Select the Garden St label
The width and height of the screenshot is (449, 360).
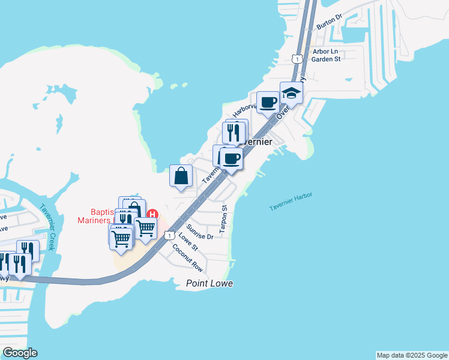pyautogui.click(x=327, y=59)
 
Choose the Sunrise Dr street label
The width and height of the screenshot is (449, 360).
pyautogui.click(x=199, y=232)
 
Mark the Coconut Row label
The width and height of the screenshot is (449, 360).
pyautogui.click(x=186, y=257)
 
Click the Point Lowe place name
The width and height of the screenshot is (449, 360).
pyautogui.click(x=209, y=283)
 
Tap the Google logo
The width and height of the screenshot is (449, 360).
pyautogui.click(x=20, y=352)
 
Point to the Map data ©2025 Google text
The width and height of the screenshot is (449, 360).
pyautogui.click(x=412, y=355)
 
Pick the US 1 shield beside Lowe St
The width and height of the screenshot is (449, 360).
pyautogui.click(x=170, y=235)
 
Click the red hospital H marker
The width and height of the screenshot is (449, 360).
pyautogui.click(x=152, y=214)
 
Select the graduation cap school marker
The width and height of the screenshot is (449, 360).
pyautogui.click(x=291, y=93)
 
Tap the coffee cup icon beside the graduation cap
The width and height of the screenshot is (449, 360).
pyautogui.click(x=268, y=102)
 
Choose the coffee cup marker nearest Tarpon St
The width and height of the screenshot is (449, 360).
pyautogui.click(x=231, y=159)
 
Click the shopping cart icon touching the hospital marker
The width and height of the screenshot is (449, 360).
pyautogui.click(x=145, y=227)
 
